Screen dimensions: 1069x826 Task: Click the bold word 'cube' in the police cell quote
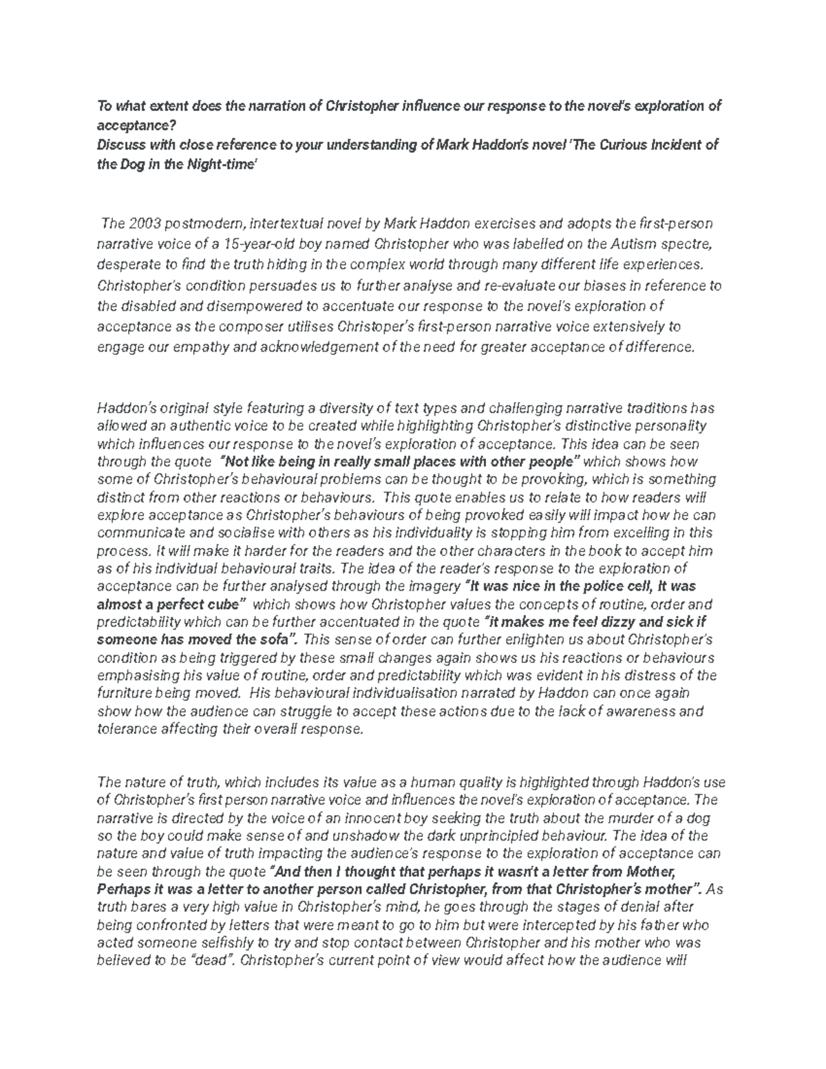pos(223,604)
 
